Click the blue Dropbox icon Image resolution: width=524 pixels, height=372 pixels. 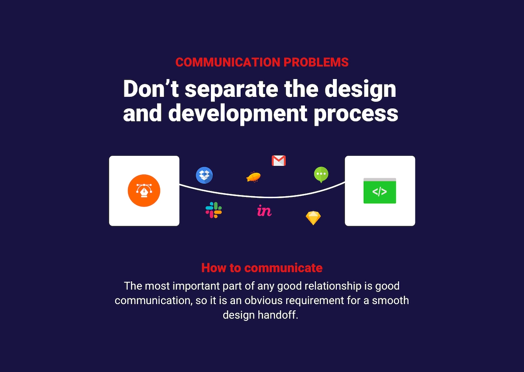(204, 175)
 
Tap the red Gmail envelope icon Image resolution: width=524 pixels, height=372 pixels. (279, 161)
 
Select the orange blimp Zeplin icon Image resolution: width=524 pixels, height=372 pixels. (253, 177)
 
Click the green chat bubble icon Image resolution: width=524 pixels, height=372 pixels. (321, 175)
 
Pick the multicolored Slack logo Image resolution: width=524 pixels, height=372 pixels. (214, 210)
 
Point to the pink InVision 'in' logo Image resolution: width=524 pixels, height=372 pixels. (264, 211)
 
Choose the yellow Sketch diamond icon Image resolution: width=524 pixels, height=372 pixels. (313, 218)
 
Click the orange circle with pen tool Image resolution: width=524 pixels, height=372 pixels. (144, 190)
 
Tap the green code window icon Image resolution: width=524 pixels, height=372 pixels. (379, 190)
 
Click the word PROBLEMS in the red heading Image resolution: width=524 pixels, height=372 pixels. (316, 63)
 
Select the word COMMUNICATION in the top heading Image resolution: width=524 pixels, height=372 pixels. (228, 63)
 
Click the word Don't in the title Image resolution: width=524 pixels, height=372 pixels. (151, 89)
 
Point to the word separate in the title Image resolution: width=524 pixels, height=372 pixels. (232, 90)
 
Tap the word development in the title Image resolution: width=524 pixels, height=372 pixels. (237, 114)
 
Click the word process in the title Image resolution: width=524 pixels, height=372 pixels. (356, 115)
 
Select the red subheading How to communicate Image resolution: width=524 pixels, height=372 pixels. (262, 268)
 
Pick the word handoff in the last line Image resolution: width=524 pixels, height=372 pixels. (278, 315)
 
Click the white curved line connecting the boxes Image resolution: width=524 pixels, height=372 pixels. (262, 197)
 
